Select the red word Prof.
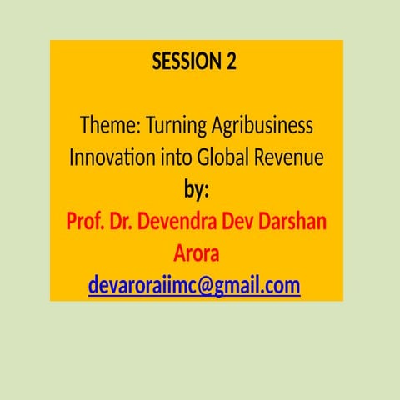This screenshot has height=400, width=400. tap(85, 222)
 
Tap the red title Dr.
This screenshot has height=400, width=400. tap(122, 222)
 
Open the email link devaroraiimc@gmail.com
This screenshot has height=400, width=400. tap(194, 287)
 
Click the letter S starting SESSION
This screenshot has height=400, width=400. tap(157, 62)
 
